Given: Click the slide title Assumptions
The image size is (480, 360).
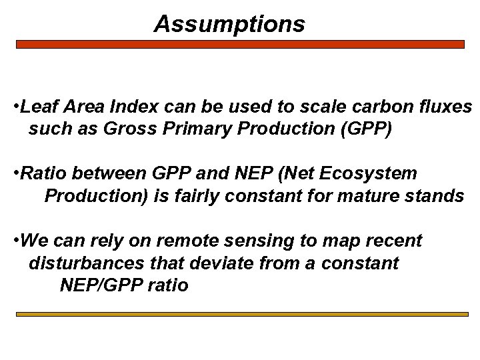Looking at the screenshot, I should pos(229,24).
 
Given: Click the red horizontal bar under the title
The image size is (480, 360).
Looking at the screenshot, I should pos(240,44).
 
